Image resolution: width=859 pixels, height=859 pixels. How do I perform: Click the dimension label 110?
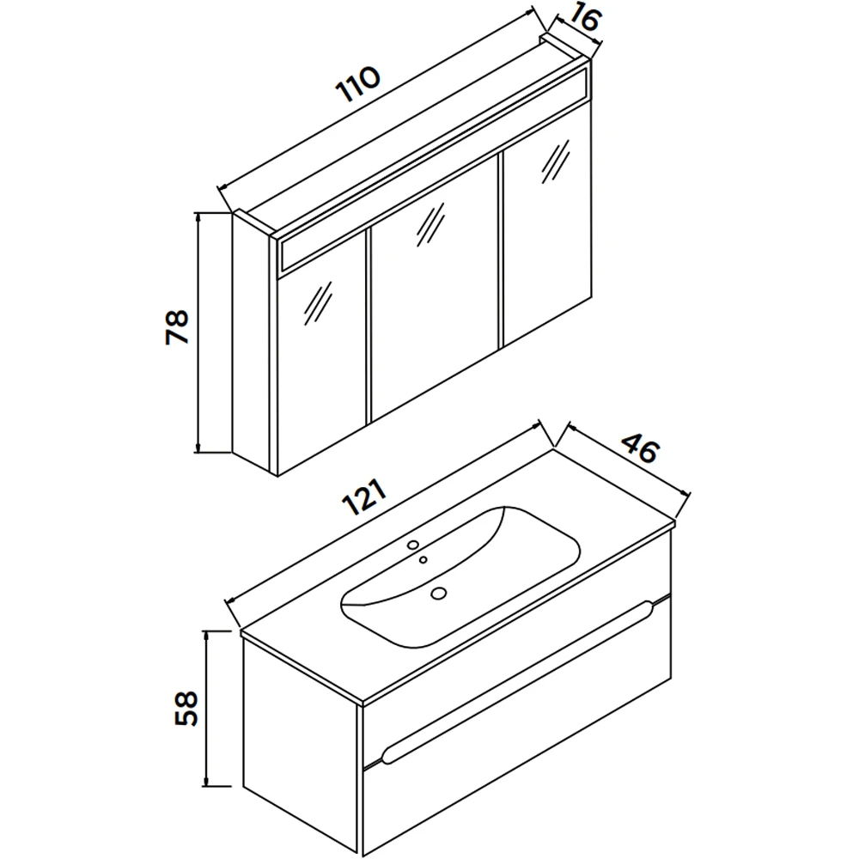[359, 84]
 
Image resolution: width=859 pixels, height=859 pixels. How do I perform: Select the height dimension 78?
[177, 327]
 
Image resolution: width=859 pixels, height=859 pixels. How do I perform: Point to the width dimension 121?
[365, 497]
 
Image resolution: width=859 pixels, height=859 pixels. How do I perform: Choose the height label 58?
[186, 708]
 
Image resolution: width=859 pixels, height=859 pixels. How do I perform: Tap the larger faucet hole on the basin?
[413, 545]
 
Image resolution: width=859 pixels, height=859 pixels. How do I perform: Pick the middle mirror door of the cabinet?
[435, 289]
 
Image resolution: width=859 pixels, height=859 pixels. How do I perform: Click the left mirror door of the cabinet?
[321, 353]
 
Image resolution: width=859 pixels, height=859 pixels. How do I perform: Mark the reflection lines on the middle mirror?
[430, 225]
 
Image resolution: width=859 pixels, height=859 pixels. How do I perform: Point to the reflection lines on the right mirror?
[556, 161]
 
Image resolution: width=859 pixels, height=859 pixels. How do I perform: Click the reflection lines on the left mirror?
[318, 304]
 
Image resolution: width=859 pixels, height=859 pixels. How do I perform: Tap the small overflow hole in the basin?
[423, 559]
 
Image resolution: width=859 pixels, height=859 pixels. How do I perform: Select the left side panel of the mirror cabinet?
[251, 343]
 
